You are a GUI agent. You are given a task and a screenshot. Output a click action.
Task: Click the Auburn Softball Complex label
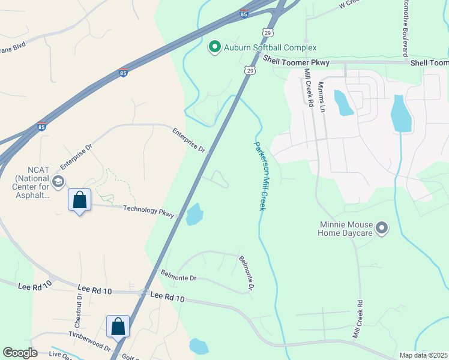click(x=270, y=47)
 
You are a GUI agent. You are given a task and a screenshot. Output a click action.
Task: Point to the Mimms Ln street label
click(x=322, y=97)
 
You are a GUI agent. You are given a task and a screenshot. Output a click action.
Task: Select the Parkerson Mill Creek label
click(x=260, y=175)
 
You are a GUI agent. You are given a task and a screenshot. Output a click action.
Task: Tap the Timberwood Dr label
click(x=89, y=343)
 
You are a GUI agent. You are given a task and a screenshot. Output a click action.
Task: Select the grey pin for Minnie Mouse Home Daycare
click(x=382, y=228)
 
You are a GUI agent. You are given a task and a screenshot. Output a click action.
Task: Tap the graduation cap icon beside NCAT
click(x=58, y=182)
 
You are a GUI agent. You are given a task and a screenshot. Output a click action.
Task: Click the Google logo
click(x=20, y=352)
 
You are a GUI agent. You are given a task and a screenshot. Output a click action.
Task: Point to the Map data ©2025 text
click(x=423, y=355)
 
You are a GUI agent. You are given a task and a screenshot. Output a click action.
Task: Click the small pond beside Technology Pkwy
click(x=194, y=214)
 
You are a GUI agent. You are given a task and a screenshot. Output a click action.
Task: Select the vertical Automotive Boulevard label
click(x=405, y=28)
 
